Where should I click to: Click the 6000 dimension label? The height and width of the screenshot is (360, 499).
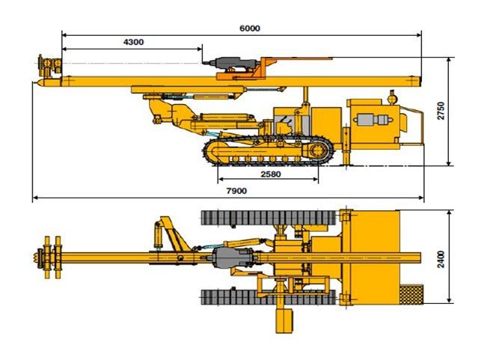250,28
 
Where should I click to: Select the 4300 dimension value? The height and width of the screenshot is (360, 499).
133,42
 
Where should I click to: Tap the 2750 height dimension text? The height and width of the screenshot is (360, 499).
441,111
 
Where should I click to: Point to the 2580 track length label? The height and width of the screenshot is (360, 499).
271,174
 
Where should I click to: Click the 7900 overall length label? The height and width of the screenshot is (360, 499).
236,191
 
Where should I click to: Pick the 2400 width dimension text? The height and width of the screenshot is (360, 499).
441,260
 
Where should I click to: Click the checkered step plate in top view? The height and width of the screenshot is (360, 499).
411,295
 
